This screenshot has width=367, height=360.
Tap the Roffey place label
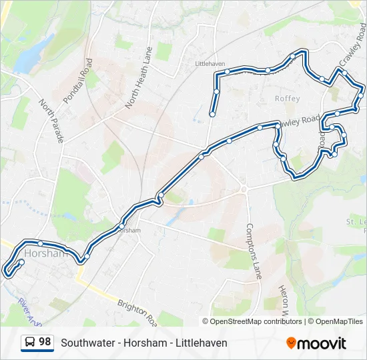(288, 99)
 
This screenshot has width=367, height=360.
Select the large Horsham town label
(46, 253)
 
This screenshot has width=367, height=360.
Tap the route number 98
(45, 342)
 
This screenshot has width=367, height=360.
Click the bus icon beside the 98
(30, 342)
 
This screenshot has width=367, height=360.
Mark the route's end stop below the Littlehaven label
(212, 114)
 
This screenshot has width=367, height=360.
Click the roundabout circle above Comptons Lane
(244, 189)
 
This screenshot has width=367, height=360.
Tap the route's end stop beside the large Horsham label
(21, 263)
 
